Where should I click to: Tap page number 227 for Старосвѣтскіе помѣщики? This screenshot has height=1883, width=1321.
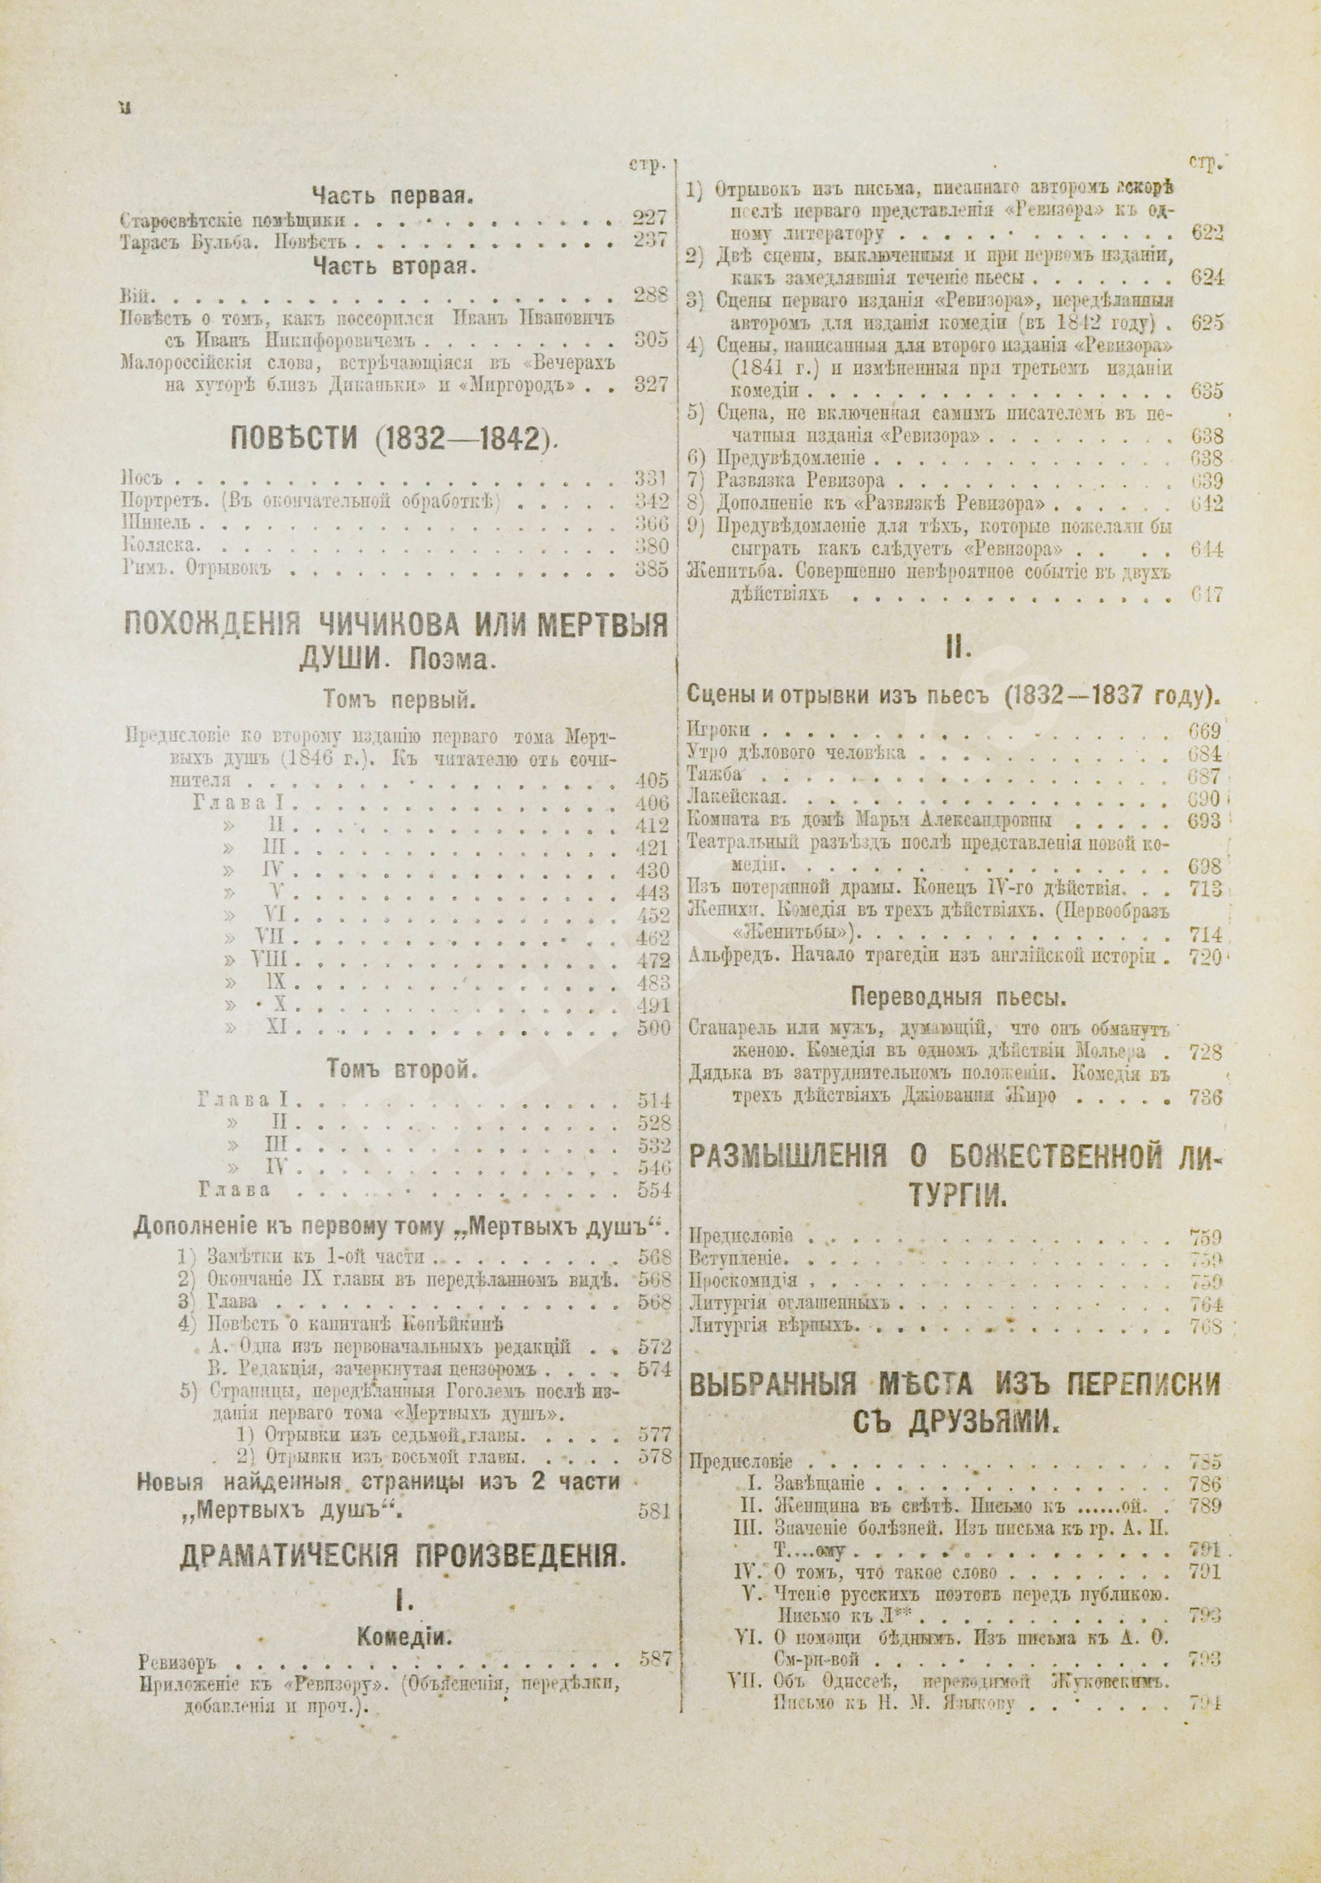click(x=650, y=219)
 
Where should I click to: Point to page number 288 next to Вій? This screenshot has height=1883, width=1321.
click(x=650, y=295)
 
